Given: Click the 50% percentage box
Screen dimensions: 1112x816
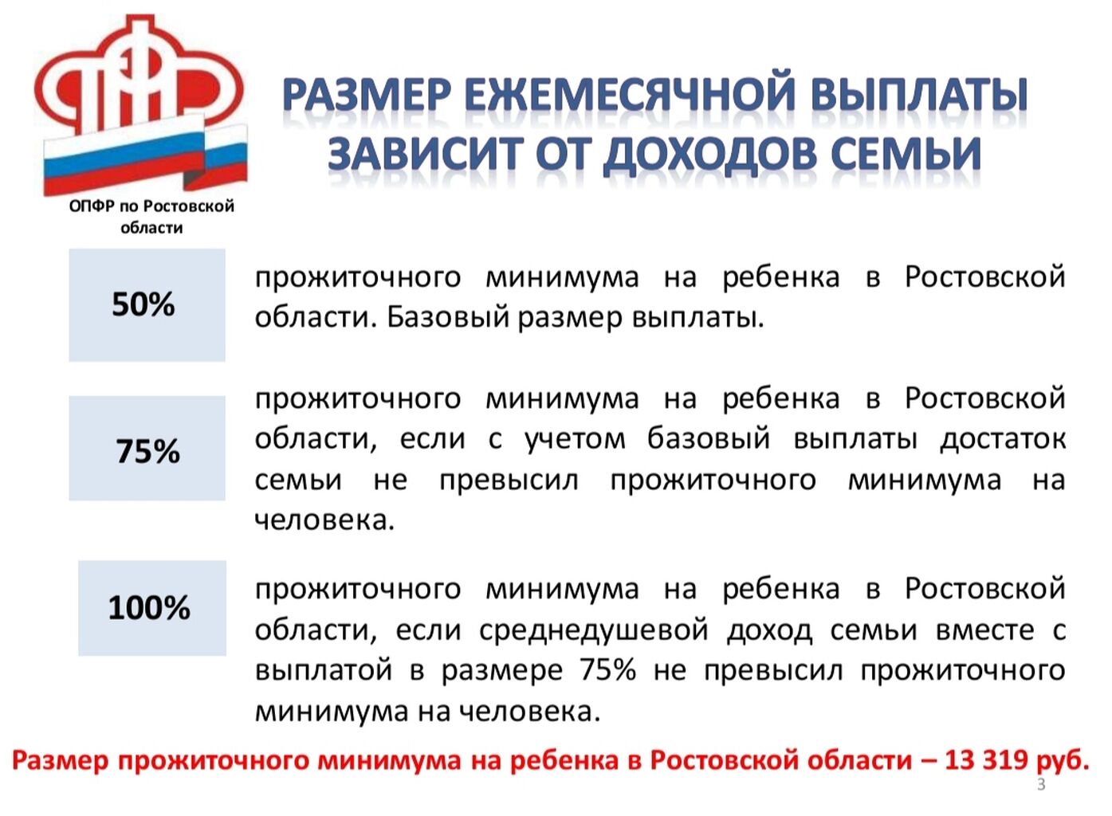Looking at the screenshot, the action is coord(147,305).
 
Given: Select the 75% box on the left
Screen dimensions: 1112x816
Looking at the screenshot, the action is coord(147,448).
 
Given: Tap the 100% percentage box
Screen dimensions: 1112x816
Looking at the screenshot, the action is coord(152,608).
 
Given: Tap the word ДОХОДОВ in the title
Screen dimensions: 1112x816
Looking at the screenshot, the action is coord(710,155).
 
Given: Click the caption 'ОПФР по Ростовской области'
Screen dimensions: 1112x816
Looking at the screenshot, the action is coord(151,217).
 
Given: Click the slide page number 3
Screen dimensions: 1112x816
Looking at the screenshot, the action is coord(1041,785).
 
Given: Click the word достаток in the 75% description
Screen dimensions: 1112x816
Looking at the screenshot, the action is coord(1003,439).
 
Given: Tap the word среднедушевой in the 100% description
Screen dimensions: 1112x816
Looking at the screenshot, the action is coord(594,630).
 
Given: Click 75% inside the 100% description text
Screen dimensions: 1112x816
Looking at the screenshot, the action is coord(608,670).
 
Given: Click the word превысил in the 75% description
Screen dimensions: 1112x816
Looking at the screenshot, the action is coord(509,481).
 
